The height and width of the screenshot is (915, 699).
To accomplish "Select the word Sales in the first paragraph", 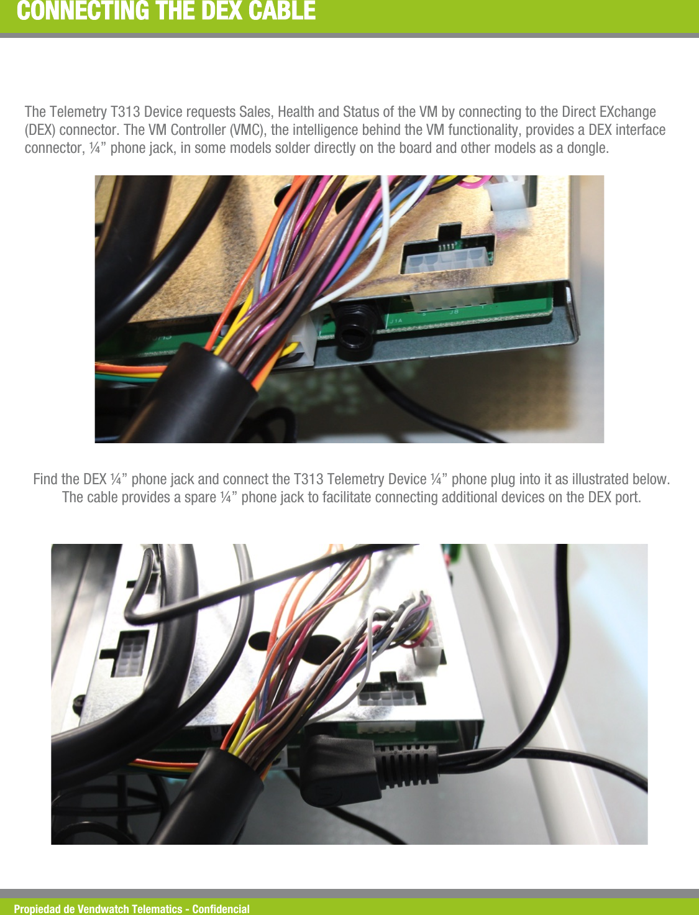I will pyautogui.click(x=255, y=112).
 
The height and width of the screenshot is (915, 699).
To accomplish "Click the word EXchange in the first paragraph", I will pyautogui.click(x=628, y=112).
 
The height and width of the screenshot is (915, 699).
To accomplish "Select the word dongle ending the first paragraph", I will pyautogui.click(x=587, y=148).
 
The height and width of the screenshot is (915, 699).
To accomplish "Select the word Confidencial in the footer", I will pyautogui.click(x=221, y=909).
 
